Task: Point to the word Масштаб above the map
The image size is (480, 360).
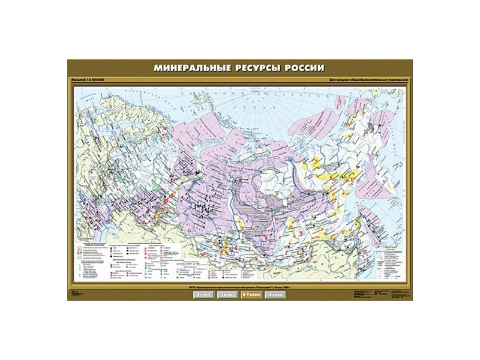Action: (79, 80)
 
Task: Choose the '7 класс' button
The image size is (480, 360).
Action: (226, 295)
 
